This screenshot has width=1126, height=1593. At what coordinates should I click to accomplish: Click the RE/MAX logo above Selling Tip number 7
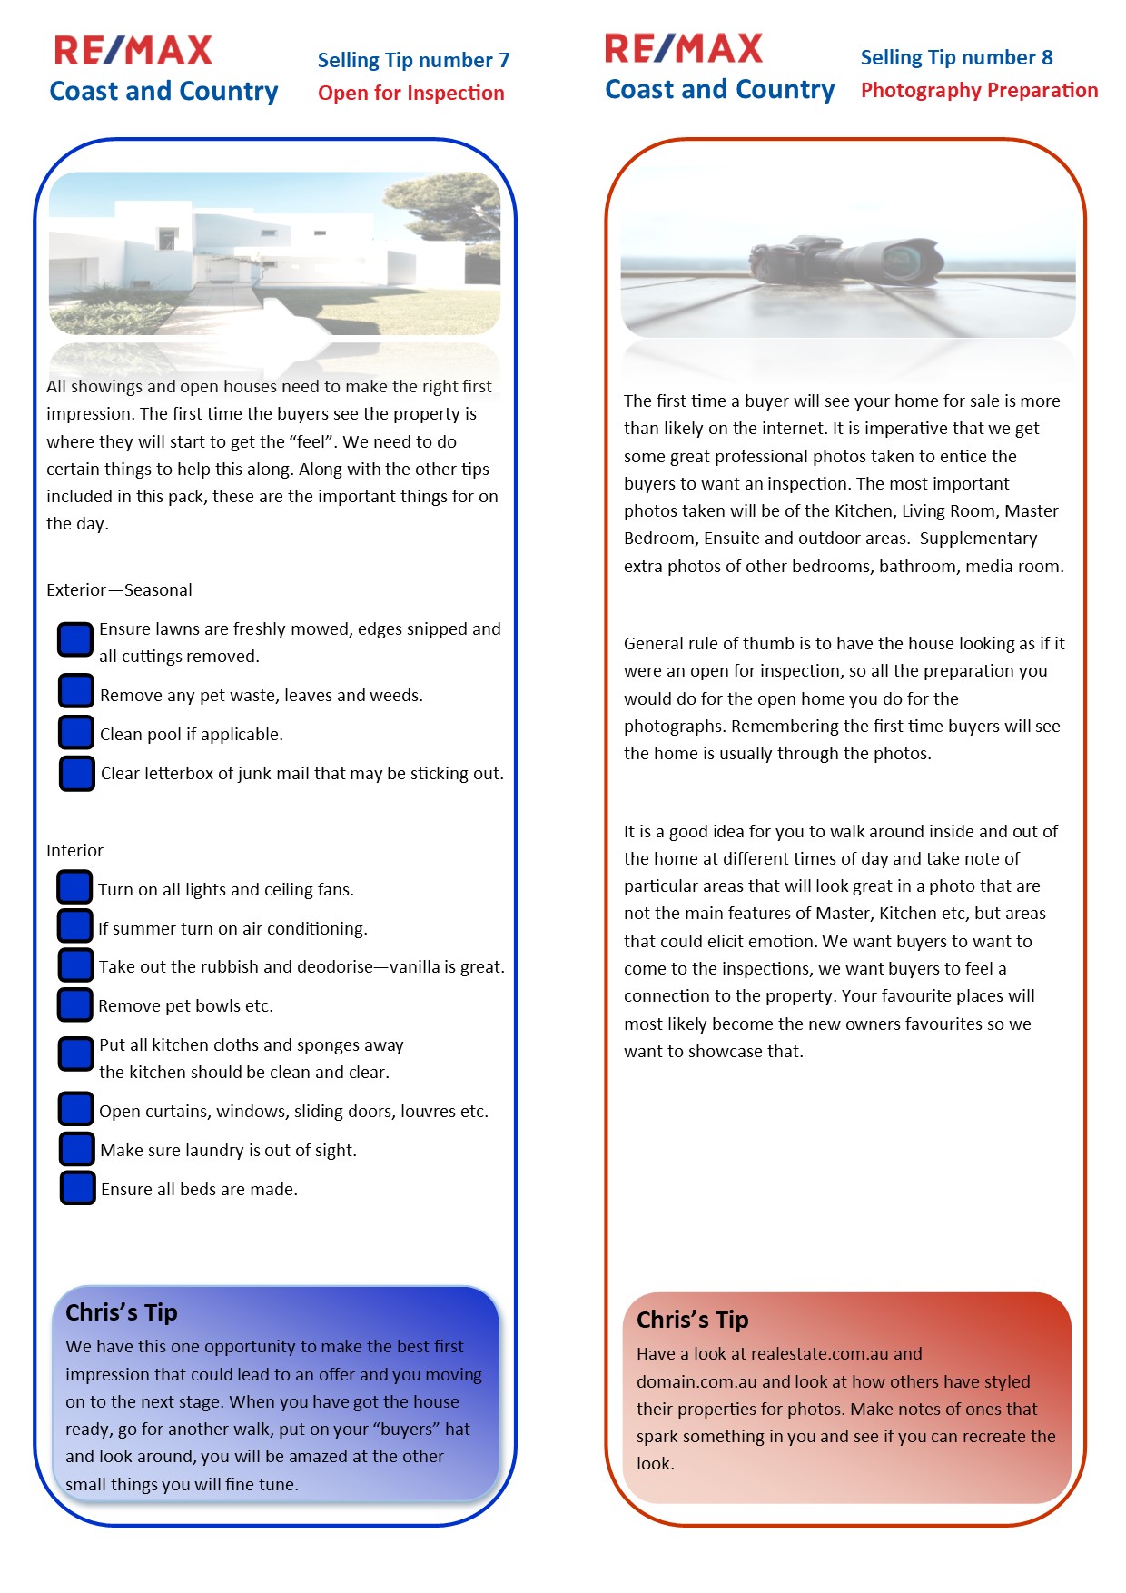click(x=133, y=50)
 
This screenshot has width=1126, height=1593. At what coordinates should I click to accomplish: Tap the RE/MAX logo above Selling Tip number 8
click(x=684, y=48)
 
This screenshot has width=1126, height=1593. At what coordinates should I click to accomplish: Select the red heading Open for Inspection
click(x=410, y=93)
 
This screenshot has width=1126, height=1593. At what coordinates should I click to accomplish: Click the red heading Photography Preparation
click(x=979, y=90)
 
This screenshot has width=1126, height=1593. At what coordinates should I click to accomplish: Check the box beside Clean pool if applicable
click(x=76, y=733)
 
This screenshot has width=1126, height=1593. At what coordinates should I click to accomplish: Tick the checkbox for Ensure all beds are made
click(x=77, y=1188)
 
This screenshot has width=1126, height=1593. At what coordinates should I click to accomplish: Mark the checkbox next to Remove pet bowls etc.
click(x=75, y=1004)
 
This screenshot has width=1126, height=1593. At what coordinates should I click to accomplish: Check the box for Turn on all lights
click(x=74, y=888)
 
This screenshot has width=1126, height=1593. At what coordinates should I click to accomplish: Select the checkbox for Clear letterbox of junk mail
click(x=77, y=773)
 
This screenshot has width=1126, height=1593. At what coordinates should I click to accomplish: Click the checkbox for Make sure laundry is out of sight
click(x=76, y=1149)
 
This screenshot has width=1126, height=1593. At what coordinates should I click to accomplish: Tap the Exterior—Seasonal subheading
click(x=119, y=589)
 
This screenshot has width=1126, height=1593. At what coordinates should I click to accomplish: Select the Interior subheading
click(x=74, y=850)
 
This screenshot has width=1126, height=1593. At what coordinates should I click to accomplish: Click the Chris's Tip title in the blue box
click(x=122, y=1312)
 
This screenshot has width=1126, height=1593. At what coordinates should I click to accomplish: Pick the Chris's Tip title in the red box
click(x=692, y=1320)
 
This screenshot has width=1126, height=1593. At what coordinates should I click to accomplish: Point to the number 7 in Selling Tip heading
click(x=504, y=60)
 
